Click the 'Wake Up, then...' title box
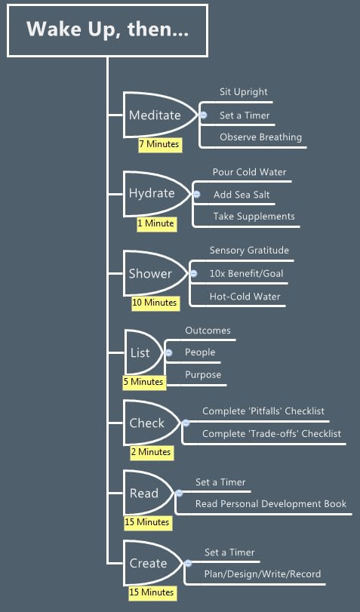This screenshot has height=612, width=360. tap(107, 30)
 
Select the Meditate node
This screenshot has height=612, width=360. tap(155, 115)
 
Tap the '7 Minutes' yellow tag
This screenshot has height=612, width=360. tap(160, 144)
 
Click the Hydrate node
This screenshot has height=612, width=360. tap(152, 194)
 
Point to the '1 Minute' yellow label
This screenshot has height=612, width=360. tap(156, 224)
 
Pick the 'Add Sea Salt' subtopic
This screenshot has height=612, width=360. tap(242, 195)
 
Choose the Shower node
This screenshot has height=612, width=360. tap(150, 274)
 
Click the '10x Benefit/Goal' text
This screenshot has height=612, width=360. tap(246, 274)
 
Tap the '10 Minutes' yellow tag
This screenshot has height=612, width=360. tap(155, 303)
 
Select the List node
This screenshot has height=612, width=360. tap(140, 353)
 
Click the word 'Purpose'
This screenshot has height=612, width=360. tap(203, 375)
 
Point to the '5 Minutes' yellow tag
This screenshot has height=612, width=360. tap(144, 382)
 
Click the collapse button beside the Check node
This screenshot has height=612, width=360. tap(186, 423)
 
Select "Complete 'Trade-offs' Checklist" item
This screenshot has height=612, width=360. tap(272, 434)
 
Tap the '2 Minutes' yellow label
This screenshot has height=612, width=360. tap(152, 452)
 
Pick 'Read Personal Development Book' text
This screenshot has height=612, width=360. tap(271, 504)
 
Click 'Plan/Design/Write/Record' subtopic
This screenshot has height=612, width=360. tap(263, 574)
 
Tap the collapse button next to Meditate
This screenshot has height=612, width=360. tap(204, 115)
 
